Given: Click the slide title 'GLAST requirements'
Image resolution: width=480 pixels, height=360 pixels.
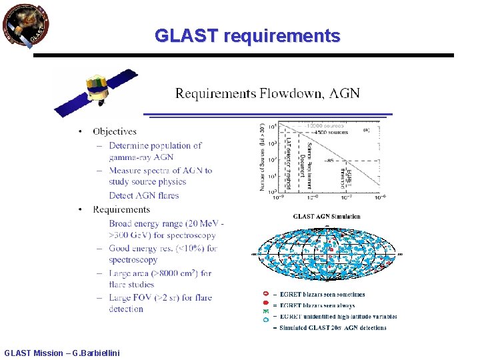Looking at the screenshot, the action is (247, 35).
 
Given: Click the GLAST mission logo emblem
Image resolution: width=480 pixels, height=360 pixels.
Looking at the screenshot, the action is (26, 26).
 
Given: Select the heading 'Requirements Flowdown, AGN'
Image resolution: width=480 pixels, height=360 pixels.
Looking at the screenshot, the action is (267, 93).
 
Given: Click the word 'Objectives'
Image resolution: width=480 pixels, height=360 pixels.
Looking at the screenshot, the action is (115, 132).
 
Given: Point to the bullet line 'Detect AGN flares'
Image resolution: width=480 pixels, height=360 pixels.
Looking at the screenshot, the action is (144, 195).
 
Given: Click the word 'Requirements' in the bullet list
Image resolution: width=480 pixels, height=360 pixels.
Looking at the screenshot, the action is (121, 209).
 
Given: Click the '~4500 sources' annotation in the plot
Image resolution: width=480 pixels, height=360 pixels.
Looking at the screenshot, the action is (321, 131).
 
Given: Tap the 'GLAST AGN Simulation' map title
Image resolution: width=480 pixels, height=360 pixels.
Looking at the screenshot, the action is (327, 216).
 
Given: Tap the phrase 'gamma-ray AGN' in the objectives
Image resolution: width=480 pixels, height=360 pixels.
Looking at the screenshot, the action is (141, 157).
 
